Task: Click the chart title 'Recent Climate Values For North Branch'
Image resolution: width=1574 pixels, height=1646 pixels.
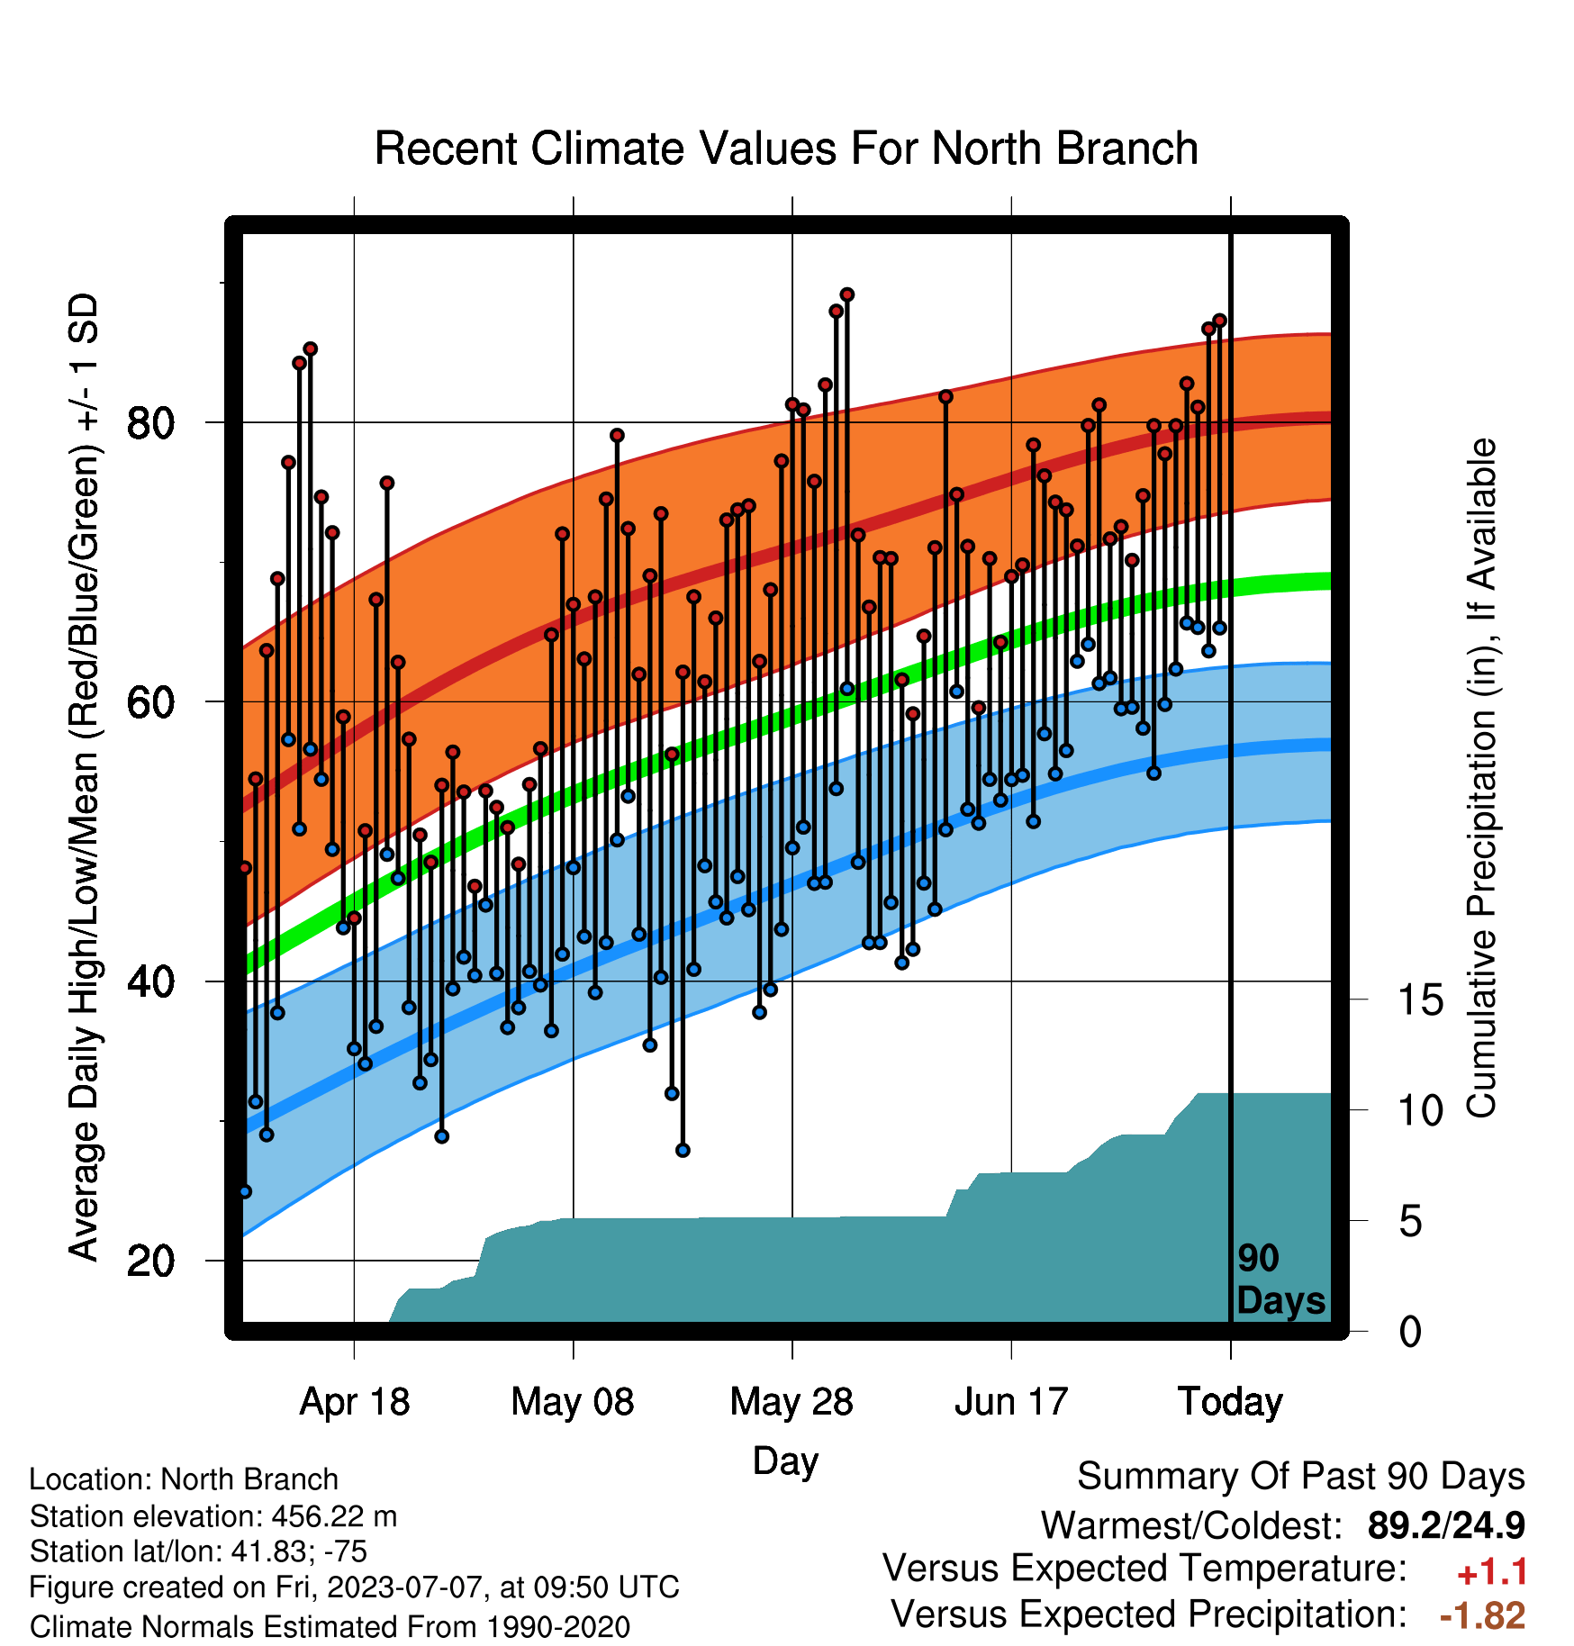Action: (x=786, y=149)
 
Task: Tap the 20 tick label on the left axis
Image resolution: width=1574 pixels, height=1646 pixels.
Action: (x=149, y=1261)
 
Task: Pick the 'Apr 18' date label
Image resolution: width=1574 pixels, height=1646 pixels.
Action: (x=354, y=1402)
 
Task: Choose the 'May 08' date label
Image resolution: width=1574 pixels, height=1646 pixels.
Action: (x=573, y=1402)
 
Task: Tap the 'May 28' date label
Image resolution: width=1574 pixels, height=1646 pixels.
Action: (x=792, y=1402)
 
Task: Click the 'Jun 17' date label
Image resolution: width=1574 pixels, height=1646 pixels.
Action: (x=1011, y=1402)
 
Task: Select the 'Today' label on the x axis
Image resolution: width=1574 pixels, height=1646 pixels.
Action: (x=1230, y=1402)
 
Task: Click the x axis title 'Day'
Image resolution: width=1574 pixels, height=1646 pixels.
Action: (x=785, y=1461)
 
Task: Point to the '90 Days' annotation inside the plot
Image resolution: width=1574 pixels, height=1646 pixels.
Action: (x=1280, y=1280)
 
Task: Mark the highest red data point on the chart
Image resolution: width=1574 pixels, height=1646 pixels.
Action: (x=847, y=295)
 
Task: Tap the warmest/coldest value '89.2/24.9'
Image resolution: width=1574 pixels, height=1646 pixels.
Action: (x=1446, y=1525)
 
